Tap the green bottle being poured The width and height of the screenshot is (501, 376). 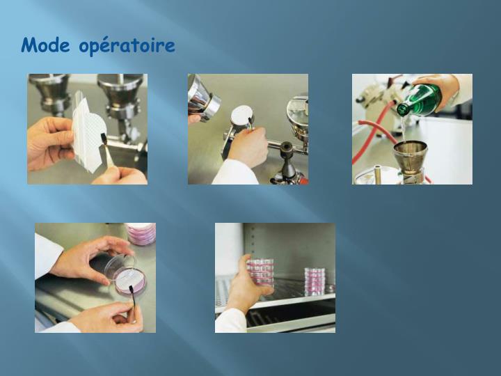(420, 101)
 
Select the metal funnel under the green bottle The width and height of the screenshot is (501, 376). (410, 157)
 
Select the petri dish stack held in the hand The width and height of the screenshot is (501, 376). (261, 271)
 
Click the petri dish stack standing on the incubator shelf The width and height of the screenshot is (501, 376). (315, 281)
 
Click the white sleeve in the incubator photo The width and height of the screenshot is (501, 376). (230, 321)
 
